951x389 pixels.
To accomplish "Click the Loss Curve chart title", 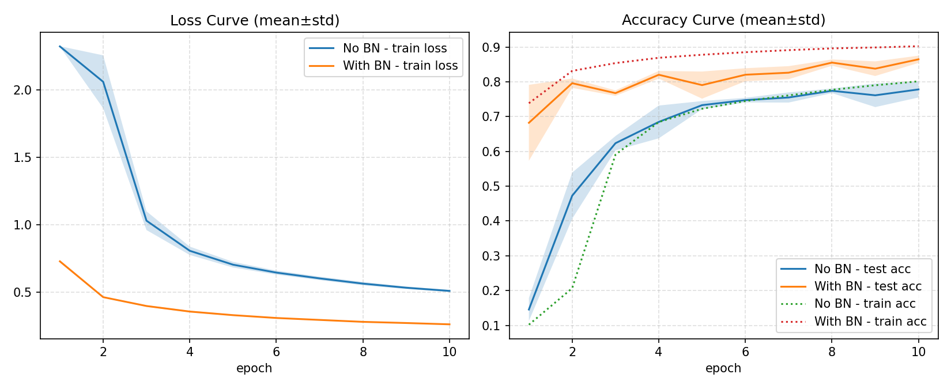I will (254, 21).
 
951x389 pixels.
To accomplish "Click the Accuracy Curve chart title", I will (723, 20).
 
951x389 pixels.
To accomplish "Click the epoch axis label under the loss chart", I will (254, 368).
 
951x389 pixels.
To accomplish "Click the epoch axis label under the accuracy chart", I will (723, 368).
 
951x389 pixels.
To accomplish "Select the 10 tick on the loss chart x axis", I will (449, 352).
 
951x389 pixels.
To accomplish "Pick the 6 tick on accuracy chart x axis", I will (745, 352).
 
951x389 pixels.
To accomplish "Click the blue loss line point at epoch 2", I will (103, 82).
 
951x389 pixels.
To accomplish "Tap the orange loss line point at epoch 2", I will (103, 297).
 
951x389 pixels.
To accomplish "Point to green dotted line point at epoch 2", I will (572, 288).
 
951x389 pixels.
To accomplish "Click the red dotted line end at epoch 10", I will (918, 46).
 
